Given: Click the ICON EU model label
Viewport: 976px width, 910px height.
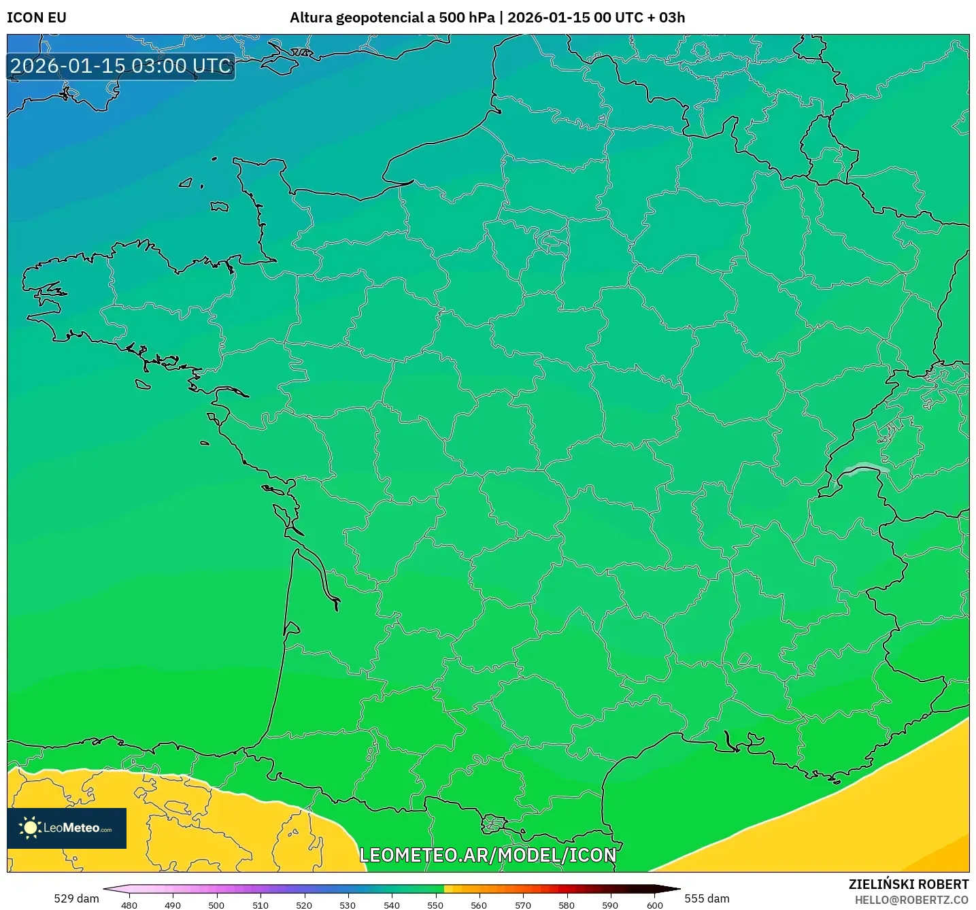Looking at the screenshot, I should pos(37,18).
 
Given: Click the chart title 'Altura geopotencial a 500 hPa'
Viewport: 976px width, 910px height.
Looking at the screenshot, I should pos(392,18).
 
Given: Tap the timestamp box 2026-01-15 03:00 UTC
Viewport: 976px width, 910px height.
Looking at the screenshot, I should pos(121,67).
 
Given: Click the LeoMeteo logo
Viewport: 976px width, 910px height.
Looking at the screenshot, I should pos(67,828).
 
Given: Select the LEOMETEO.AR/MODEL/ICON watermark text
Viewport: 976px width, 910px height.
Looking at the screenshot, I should pos(488,855).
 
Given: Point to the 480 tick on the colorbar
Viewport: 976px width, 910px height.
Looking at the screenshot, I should pos(129,905).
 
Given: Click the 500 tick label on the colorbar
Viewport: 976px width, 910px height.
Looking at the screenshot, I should pos(216,905).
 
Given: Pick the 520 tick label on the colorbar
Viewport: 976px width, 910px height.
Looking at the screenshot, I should pos(304,905).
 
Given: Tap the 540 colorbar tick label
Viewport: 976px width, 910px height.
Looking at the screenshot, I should pos(392,905).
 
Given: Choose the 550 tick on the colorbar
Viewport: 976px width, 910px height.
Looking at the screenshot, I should pos(435,905).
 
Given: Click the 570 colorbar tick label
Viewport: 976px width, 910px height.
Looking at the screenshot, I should pos(523,905).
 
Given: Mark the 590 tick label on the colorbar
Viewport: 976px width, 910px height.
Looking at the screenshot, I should pos(610,905).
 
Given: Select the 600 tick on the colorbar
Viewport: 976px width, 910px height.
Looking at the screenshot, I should pos(654,905).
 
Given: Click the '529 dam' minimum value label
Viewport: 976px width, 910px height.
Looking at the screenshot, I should pos(76,898).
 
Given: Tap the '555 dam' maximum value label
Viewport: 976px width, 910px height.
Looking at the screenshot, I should pos(707,898).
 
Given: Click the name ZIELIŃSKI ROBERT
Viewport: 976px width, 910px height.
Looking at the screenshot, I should pos(909,884).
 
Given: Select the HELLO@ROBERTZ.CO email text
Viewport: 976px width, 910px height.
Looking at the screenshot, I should pos(911,900).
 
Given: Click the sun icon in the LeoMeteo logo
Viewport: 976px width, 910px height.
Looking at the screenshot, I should pos(30,828).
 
